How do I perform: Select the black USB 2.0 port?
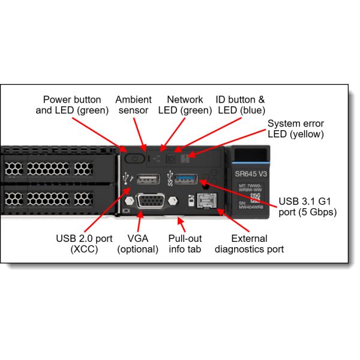[x=147, y=178]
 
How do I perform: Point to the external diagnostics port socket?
[x=206, y=202]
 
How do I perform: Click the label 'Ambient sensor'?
[x=133, y=105]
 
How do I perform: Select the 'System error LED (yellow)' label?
[x=296, y=128]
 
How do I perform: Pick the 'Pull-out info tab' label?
[x=185, y=243]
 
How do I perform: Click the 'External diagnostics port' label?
[x=249, y=243]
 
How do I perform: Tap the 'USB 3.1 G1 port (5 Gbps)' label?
[x=308, y=206]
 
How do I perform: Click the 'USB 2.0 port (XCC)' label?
[x=84, y=243]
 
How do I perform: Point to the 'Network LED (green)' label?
[x=185, y=105]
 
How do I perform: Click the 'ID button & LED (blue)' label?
[x=240, y=105]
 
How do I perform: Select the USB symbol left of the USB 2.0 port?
[x=127, y=178]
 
